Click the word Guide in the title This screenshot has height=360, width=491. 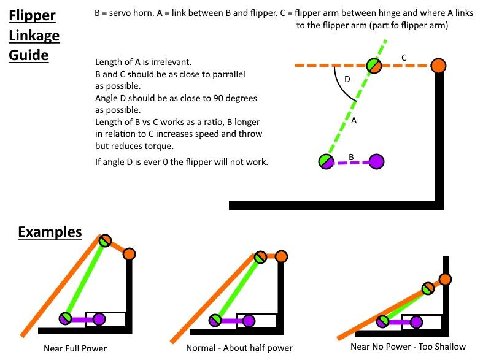[28, 55]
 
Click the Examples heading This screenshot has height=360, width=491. [49, 232]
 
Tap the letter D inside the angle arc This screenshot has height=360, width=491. [348, 80]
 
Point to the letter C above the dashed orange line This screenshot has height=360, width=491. [403, 58]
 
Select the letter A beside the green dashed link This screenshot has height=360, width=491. [354, 121]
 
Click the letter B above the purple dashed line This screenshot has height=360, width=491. [351, 157]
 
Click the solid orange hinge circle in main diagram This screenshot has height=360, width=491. [438, 66]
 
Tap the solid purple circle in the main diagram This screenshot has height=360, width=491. [377, 161]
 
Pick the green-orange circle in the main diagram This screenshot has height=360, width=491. [374, 66]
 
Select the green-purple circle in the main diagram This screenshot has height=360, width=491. [326, 161]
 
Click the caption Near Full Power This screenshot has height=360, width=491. [75, 348]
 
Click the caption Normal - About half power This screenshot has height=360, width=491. [239, 348]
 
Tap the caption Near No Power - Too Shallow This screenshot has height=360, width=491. [408, 347]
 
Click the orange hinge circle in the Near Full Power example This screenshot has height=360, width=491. [129, 254]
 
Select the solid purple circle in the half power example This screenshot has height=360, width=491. [249, 320]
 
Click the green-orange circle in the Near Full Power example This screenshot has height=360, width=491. [106, 240]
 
